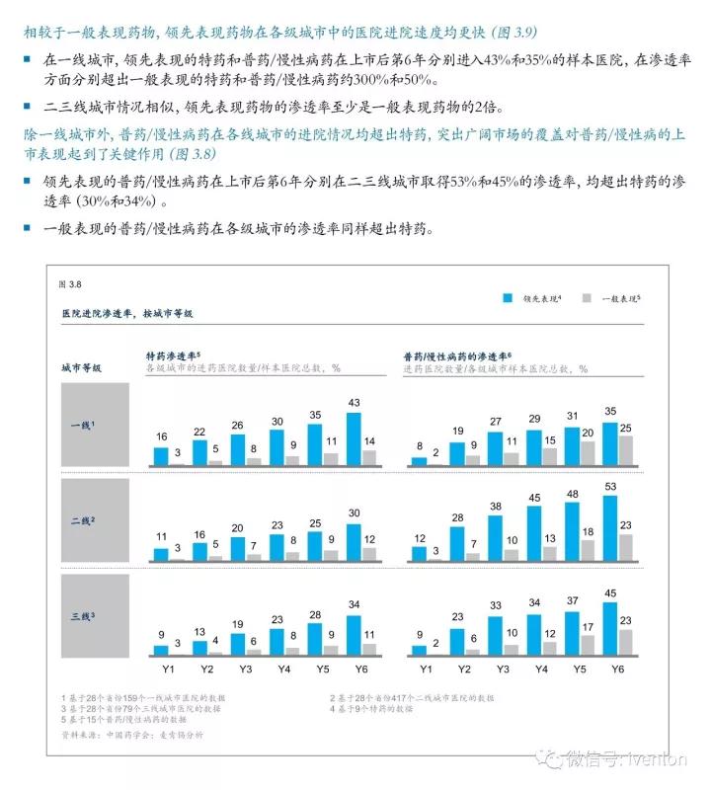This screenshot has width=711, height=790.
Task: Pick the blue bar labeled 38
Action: (496, 538)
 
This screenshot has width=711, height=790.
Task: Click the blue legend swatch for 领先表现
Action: (509, 296)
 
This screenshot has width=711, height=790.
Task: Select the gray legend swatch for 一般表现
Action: (586, 296)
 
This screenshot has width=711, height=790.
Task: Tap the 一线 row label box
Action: (95, 424)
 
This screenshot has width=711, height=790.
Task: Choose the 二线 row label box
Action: (95, 519)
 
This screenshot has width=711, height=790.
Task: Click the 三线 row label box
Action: (95, 616)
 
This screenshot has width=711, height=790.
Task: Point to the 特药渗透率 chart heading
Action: (174, 354)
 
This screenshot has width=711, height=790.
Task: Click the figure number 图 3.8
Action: (70, 284)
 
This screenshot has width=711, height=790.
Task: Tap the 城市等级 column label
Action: (82, 367)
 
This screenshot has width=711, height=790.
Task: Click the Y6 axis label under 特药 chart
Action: (361, 669)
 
